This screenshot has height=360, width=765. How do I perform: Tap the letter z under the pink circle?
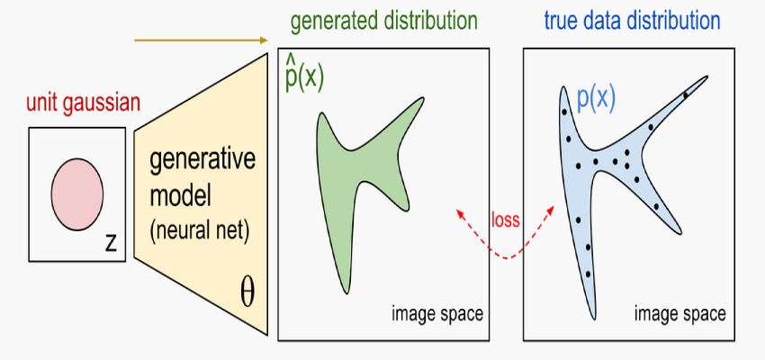[111, 241]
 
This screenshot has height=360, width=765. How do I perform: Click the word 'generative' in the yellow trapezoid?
[202, 163]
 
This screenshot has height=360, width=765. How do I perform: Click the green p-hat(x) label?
[303, 76]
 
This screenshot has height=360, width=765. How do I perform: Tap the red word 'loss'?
[505, 220]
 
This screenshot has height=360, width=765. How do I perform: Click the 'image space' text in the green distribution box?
[437, 314]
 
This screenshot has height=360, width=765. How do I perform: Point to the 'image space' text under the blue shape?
[679, 314]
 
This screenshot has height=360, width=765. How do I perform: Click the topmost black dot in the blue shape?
[686, 94]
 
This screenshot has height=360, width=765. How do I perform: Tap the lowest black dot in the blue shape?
[589, 274]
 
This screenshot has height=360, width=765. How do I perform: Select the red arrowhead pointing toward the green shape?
[460, 212]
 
